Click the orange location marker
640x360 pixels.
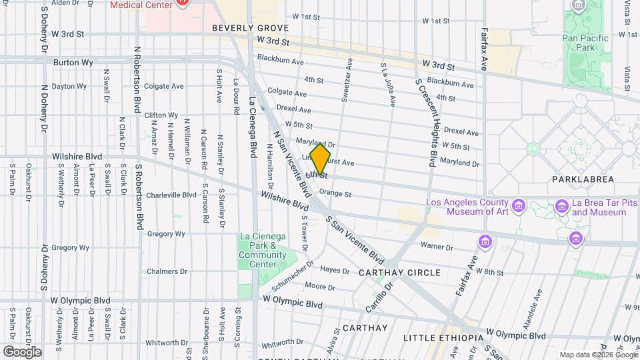[x=321, y=159]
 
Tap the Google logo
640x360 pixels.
[x=21, y=351]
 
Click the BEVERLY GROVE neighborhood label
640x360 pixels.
[x=250, y=28]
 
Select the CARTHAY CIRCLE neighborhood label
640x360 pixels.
[x=399, y=273]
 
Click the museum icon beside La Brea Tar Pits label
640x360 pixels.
[x=562, y=207]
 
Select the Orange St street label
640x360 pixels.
[x=335, y=194]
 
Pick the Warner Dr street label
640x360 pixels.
[x=437, y=247]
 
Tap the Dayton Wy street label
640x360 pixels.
[x=69, y=86]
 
